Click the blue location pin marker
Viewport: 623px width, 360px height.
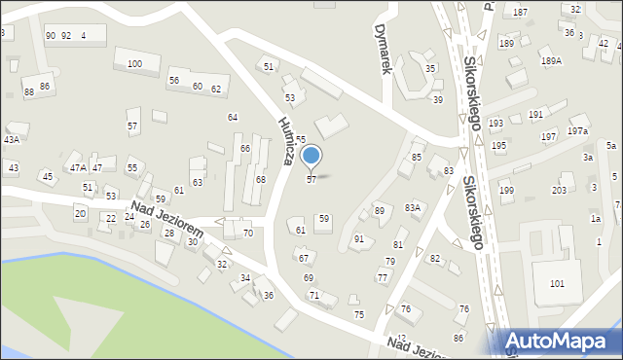tap(311, 156)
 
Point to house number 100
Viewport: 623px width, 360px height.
tap(134, 64)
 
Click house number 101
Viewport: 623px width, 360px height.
tap(557, 283)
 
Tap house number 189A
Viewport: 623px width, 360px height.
tap(552, 61)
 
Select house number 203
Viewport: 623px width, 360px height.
tap(559, 190)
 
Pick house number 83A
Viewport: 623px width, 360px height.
tap(413, 207)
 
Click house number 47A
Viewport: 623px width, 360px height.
tap(77, 168)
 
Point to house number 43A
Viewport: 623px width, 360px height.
tap(11, 139)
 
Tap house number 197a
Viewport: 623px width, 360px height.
tap(578, 130)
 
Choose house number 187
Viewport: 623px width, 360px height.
tap(521, 12)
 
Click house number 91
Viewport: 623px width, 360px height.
tap(359, 238)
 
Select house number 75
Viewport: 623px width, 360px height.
tap(359, 314)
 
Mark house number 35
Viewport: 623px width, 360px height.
tap(430, 68)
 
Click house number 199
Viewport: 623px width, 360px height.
tap(506, 190)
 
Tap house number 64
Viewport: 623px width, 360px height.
tap(233, 117)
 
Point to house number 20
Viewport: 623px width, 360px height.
tap(80, 212)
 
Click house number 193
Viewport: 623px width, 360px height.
tap(496, 124)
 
